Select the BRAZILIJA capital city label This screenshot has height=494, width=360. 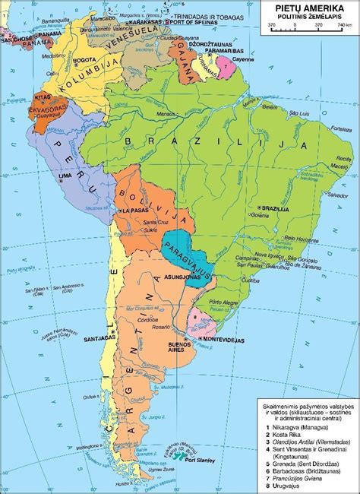pyautogui.click(x=275, y=206)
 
